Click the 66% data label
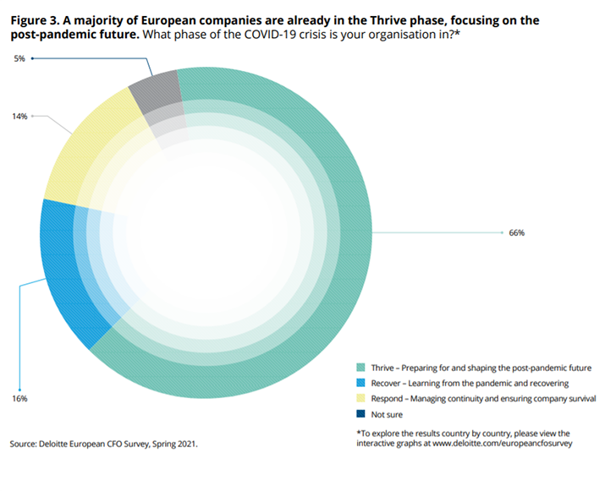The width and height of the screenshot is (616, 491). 516,232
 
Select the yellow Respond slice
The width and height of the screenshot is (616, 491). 80,152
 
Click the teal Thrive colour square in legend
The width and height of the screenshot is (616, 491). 360,368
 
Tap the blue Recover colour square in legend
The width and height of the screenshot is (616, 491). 360,383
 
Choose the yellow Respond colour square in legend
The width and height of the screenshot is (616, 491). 360,398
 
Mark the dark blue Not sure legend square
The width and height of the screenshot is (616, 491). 360,414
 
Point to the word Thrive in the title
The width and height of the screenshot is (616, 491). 390,19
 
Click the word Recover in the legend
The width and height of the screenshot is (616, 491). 387,383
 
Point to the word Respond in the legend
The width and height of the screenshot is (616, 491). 388,398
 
